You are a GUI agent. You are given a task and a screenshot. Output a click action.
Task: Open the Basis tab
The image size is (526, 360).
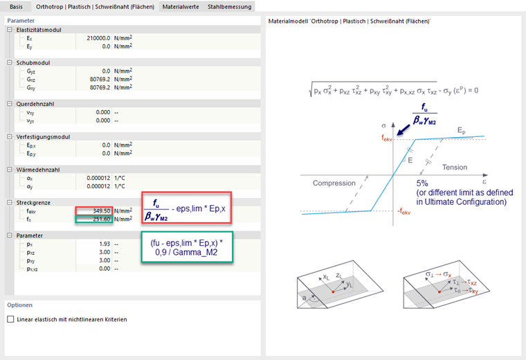pos(16,7)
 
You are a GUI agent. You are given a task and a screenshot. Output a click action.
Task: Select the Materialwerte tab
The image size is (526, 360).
pos(181,7)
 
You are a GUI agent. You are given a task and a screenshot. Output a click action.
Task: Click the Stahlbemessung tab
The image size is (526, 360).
pos(230,7)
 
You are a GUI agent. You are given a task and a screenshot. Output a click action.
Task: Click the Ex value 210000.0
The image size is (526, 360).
pos(98,38)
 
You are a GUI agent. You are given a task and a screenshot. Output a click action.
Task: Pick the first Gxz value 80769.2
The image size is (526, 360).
pos(100,80)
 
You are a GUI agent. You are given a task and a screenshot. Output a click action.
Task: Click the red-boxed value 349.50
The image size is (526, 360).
pos(102,211)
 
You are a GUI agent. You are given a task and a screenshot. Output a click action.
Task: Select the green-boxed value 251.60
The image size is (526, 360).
pos(102,219)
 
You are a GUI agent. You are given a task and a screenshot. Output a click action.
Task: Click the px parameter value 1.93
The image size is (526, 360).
pos(105,244)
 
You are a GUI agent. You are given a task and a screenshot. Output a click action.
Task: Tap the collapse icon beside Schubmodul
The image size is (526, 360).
pos(10,63)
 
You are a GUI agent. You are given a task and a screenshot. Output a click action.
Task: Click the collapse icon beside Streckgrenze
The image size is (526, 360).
pos(10,203)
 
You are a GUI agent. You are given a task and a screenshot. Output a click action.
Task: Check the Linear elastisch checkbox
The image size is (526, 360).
pos(11,319)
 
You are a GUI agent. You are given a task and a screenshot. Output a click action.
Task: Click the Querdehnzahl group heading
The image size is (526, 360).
pos(35,104)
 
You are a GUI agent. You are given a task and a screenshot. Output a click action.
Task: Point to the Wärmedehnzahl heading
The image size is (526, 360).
pos(38,170)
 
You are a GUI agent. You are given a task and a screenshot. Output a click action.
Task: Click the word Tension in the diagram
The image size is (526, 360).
pos(455,167)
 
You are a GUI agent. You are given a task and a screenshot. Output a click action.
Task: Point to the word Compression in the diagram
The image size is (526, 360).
pos(334,183)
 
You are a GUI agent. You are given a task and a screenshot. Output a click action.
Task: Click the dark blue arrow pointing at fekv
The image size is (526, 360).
pos(404,130)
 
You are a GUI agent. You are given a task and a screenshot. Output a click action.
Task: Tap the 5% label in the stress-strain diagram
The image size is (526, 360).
pos(422,183)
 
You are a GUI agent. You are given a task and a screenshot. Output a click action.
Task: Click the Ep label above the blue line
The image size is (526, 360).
pos(462,131)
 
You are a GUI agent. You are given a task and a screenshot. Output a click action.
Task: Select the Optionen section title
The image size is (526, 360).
pos(20,305)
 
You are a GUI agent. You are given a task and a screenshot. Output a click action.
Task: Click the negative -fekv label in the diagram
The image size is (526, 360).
pos(404,212)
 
